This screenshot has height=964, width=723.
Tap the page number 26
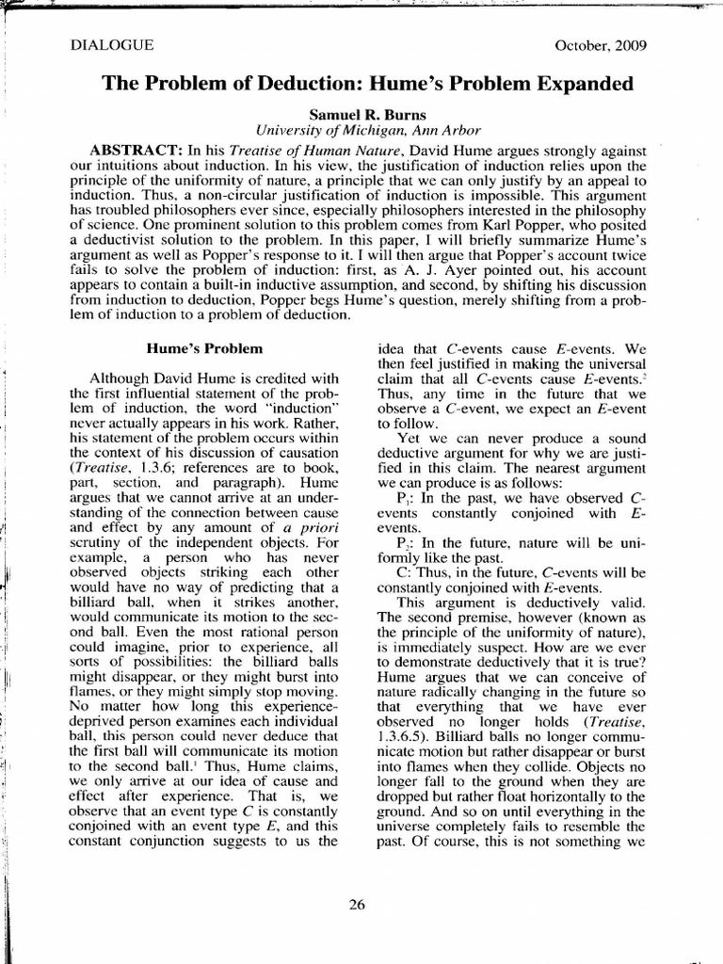[357, 905]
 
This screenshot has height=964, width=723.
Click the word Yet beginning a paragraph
[410, 438]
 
